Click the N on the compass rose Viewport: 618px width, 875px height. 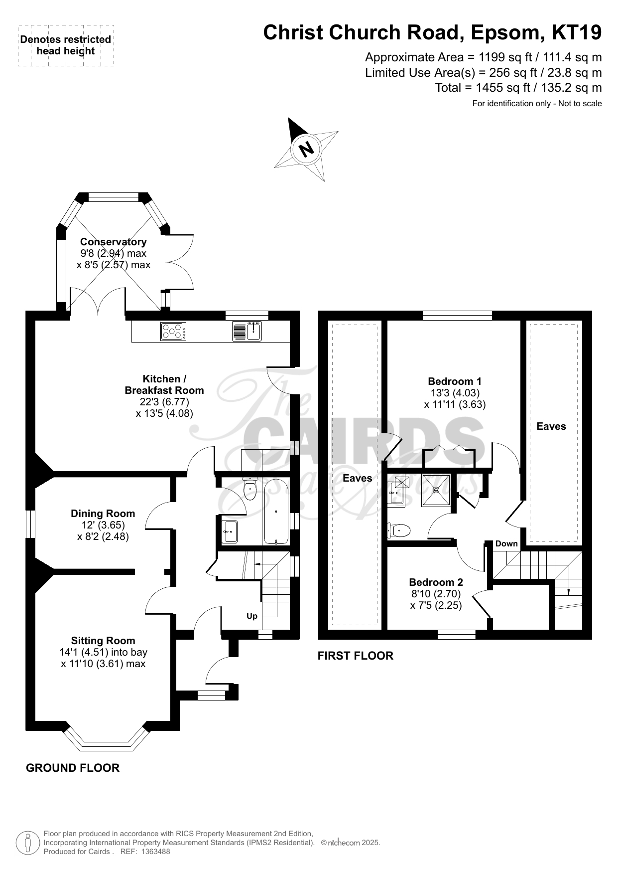coord(307,148)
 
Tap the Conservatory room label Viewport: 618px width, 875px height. coord(114,242)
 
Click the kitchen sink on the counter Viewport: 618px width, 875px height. coord(247,332)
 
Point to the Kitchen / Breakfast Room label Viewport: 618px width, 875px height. coord(164,384)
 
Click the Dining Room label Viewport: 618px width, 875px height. coord(103,514)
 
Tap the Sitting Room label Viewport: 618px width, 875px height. coord(103,641)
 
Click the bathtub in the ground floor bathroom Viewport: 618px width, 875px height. coord(275,512)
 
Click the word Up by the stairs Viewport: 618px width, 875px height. coord(252,616)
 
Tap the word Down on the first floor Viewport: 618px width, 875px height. coord(506,543)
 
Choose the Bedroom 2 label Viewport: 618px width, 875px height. coord(436,582)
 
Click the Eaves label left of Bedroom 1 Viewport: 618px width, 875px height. coord(358,479)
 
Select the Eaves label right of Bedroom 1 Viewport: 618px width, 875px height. coord(551,426)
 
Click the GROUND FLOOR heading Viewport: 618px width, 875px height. coord(73,768)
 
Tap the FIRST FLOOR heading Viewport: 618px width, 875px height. coord(356,656)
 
